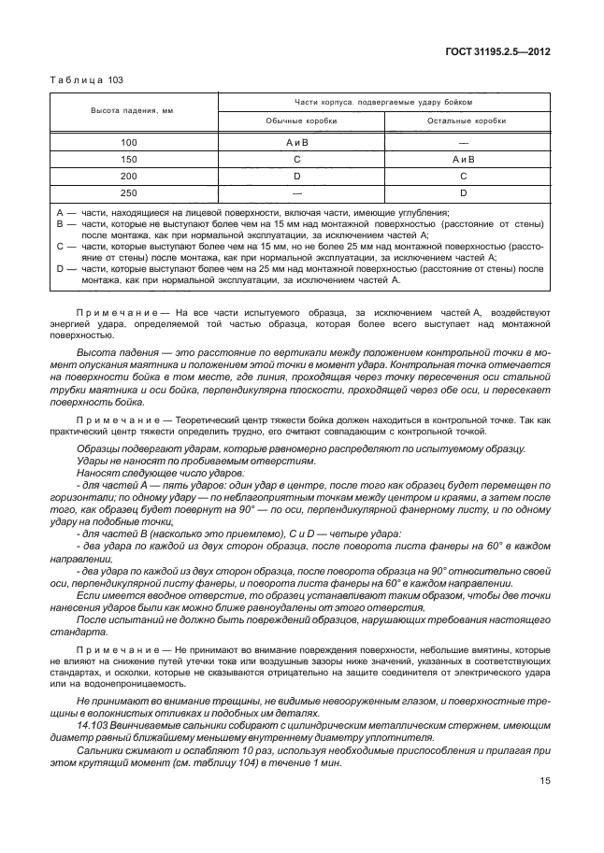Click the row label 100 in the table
[x=129, y=141]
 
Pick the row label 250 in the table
[x=129, y=192]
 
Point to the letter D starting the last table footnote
[x=60, y=268]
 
